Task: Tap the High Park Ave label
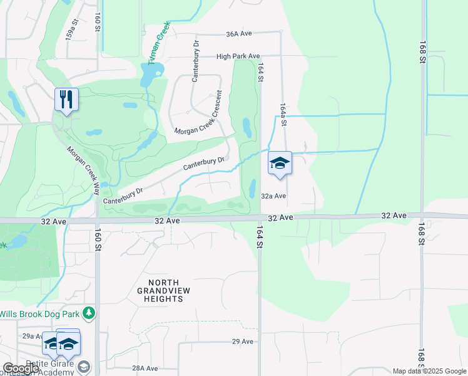pos(238,56)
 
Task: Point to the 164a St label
pos(283,115)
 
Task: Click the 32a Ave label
pos(273,196)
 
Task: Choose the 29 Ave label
pos(242,342)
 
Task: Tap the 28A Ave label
pos(145,368)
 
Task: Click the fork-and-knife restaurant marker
pos(66,100)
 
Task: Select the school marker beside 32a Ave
pos(279,164)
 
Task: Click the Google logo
pos(21,368)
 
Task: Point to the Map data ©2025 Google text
pos(430,371)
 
